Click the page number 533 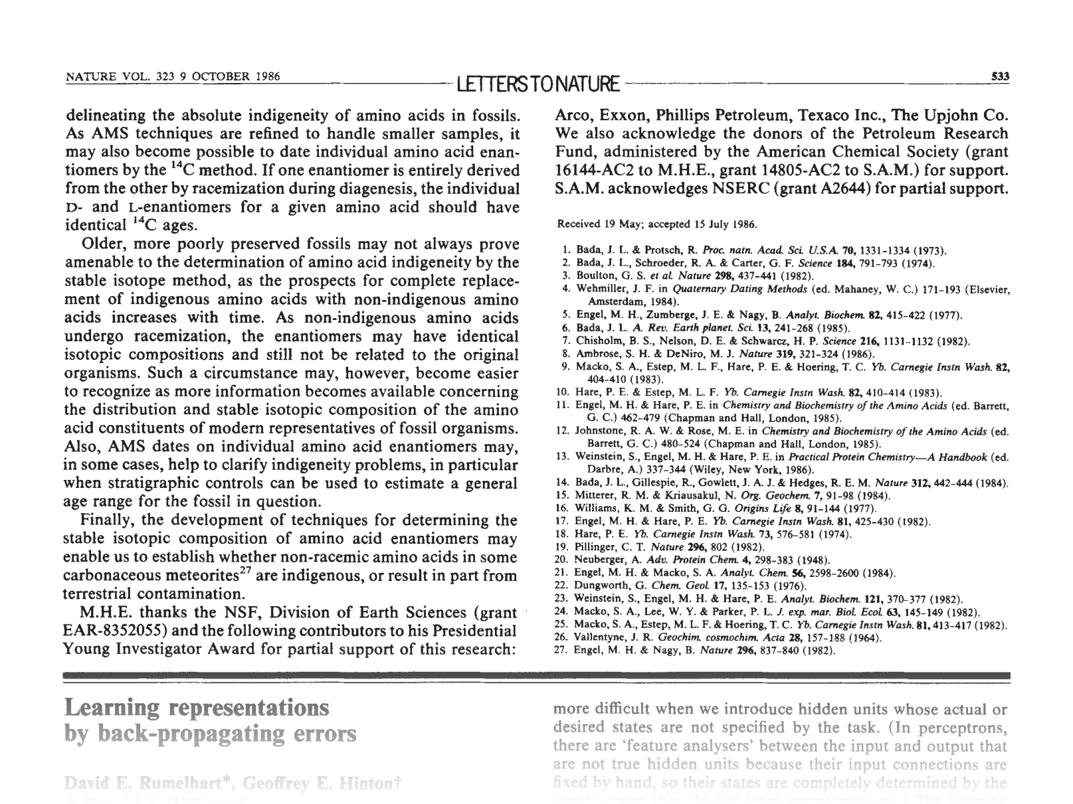coord(1000,76)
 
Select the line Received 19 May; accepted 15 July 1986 coord(656,224)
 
